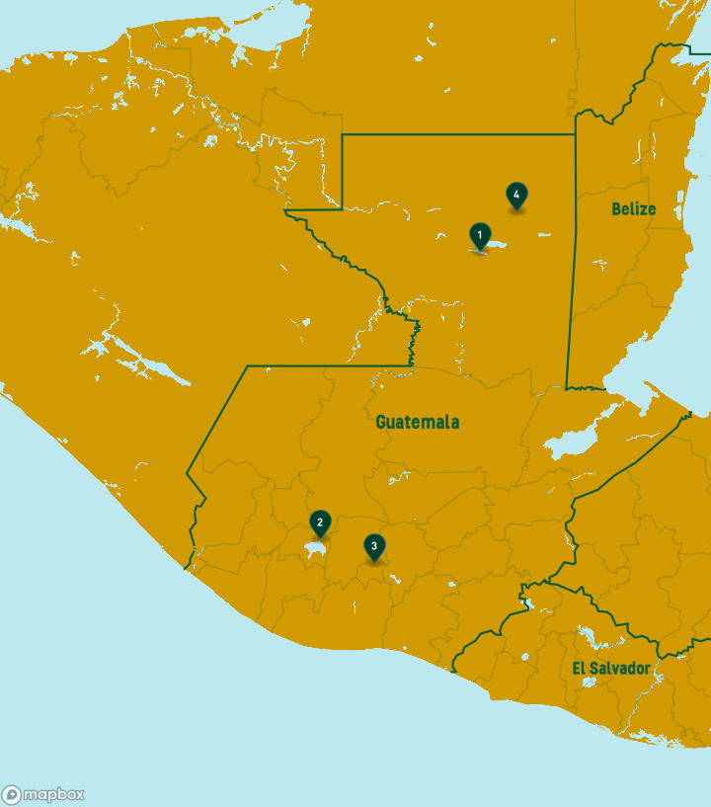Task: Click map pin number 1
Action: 480,235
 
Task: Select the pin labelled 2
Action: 319,523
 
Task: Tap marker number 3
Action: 373,546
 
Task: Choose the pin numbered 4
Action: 515,195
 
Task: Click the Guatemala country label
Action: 417,422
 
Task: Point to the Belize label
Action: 633,208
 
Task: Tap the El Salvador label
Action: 611,669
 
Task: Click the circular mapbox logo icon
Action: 12,794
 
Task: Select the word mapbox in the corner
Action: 53,794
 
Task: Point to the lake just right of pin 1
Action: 497,244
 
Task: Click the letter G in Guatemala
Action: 381,422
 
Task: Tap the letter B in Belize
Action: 616,208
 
